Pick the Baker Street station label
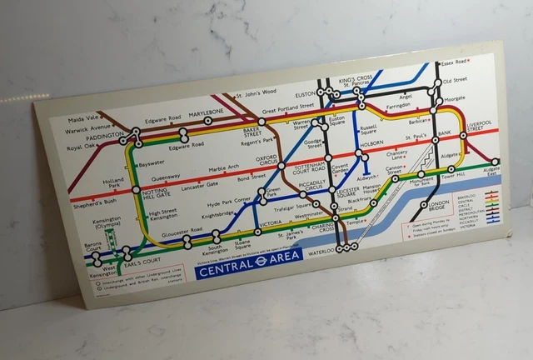(x=252, y=132)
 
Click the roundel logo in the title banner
(x=261, y=261)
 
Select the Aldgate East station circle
(x=496, y=162)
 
